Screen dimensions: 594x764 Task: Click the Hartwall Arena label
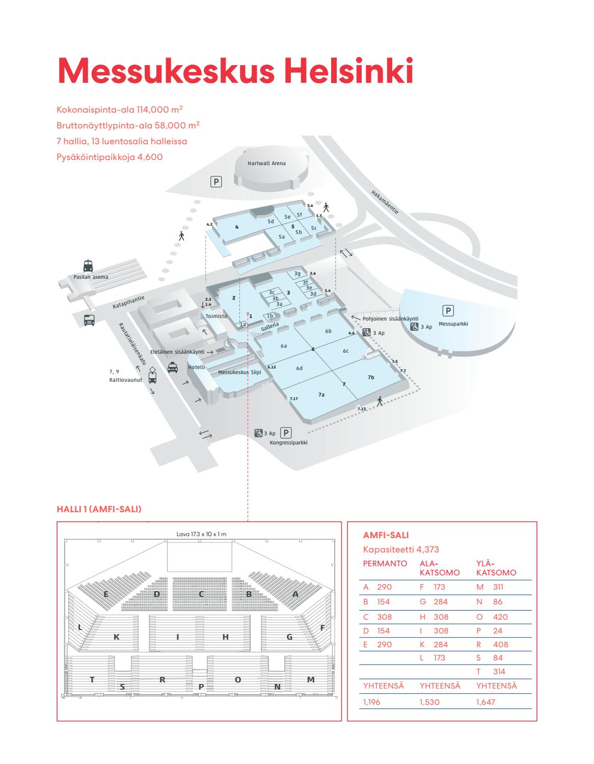pos(266,163)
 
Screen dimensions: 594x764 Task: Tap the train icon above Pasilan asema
pos(88,266)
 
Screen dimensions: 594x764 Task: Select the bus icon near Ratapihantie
pos(89,320)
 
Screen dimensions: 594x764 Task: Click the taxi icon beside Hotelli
pos(173,367)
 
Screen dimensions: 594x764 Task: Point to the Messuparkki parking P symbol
pos(448,311)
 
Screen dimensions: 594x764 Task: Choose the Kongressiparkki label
pos(288,442)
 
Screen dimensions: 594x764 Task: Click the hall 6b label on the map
pos(328,331)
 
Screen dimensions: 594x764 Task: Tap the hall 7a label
pos(321,394)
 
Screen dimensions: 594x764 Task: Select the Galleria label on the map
pos(270,326)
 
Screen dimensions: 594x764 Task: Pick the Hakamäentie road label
pos(385,202)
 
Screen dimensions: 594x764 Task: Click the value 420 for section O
pos(500,617)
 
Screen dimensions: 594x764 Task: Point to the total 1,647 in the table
pos(485,702)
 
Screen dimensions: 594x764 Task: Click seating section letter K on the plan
pos(117,637)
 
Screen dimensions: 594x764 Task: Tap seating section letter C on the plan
pos(202,594)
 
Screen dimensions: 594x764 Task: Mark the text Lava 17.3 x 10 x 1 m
pos(201,534)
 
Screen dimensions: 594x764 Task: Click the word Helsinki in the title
pos(348,70)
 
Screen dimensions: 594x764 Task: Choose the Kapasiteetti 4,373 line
pos(401,549)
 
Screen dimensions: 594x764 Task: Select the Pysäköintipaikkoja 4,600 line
pos(110,157)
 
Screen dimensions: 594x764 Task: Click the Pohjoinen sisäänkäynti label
pos(390,319)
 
